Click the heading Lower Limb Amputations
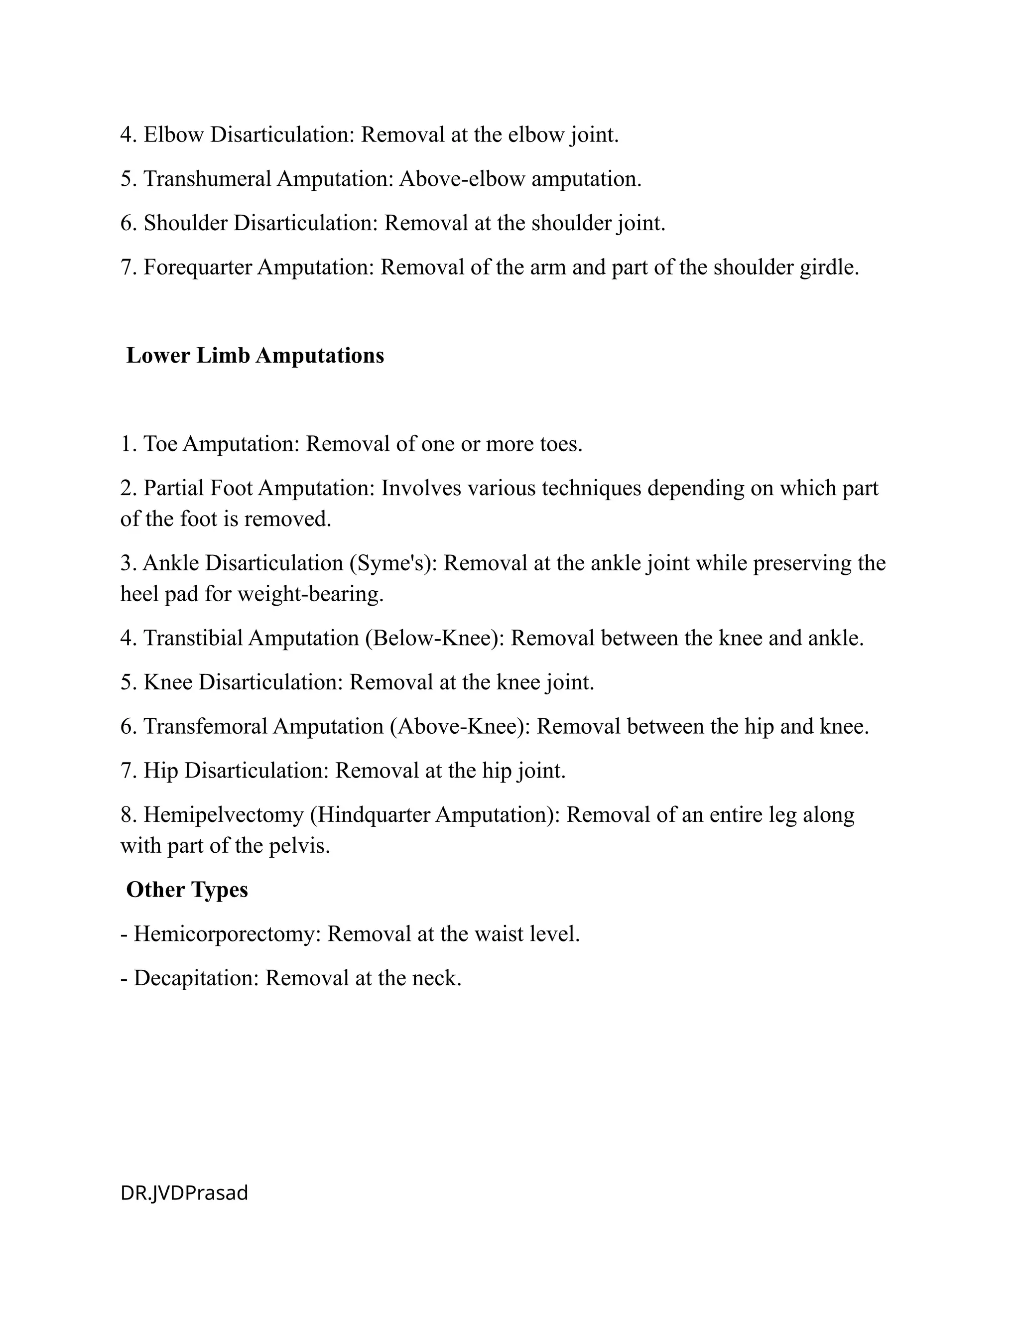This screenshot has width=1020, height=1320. click(x=255, y=356)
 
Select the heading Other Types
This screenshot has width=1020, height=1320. click(x=187, y=890)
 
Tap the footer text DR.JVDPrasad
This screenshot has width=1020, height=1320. click(x=184, y=1193)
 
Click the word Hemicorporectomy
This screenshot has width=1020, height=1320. click(x=227, y=934)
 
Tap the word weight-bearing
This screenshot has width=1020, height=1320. click(x=310, y=595)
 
